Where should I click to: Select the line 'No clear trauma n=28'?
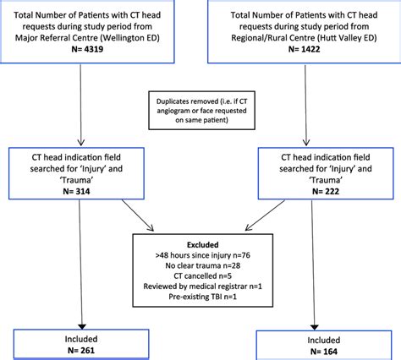[197, 265]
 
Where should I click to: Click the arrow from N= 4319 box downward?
[83, 106]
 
